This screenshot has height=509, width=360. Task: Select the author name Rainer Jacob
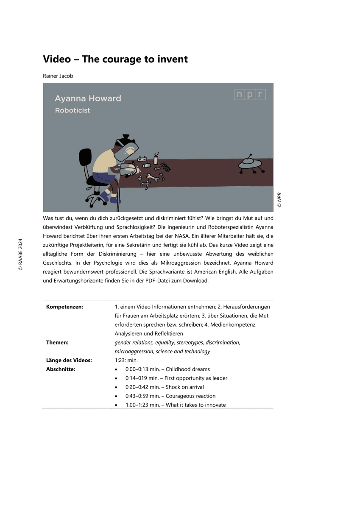coord(58,76)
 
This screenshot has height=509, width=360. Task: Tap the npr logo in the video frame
coord(250,95)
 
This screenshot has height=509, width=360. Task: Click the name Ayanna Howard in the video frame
coord(88,98)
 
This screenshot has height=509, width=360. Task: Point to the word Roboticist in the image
coord(73,110)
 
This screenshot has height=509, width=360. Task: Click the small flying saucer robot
coord(250,163)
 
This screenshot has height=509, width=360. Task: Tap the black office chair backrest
coord(86,159)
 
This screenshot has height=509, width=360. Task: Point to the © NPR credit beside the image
coord(279,200)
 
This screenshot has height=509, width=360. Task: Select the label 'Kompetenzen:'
coord(64,307)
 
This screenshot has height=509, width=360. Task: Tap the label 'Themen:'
coord(57,342)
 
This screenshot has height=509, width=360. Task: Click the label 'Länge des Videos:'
coord(69,360)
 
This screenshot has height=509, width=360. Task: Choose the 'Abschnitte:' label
coord(61,369)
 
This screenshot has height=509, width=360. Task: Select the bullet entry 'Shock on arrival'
coord(184,387)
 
